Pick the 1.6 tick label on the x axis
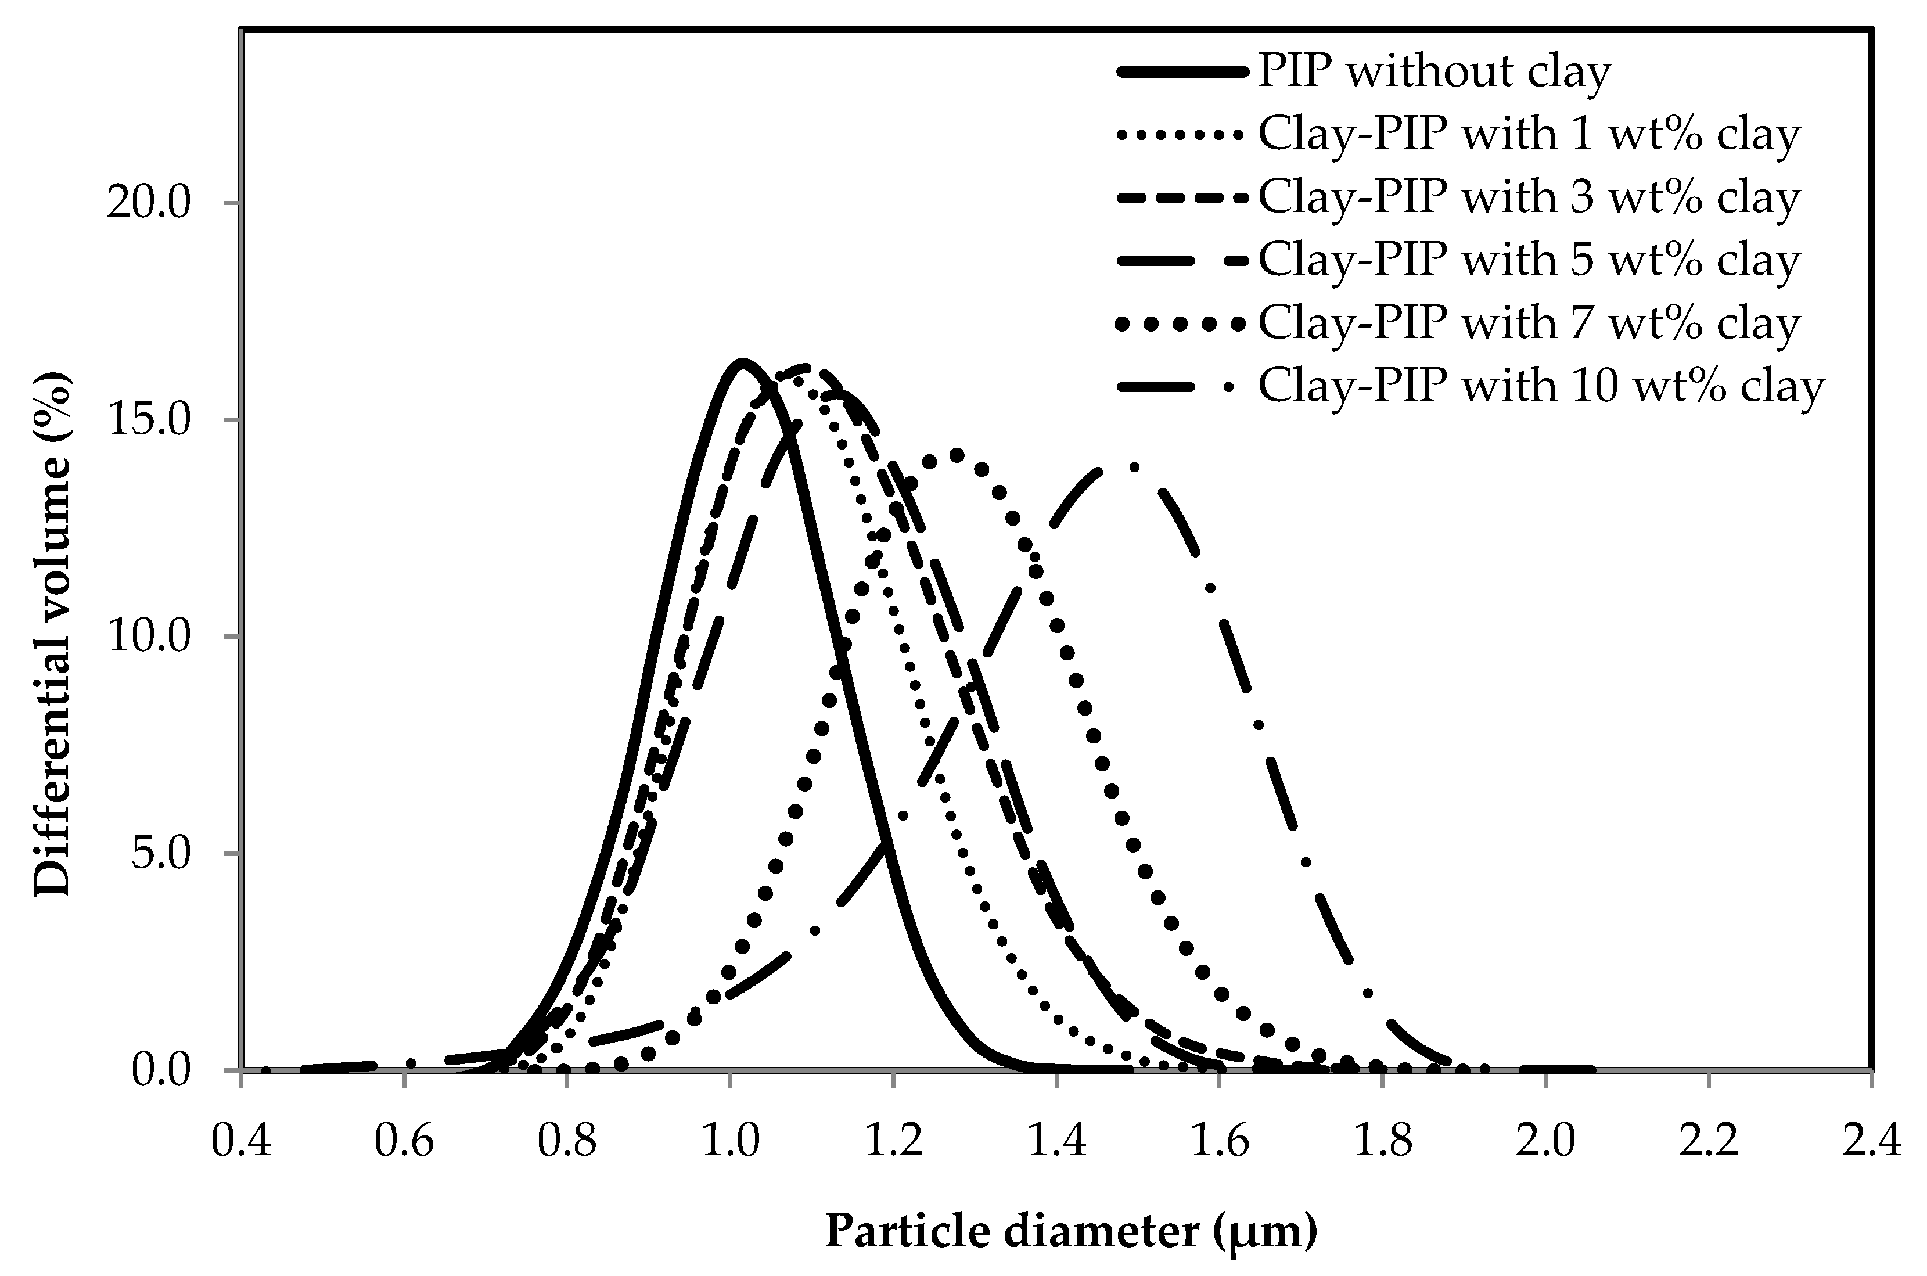coord(1220,1141)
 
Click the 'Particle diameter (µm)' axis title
coord(1071,1231)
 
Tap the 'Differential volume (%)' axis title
coord(53,635)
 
